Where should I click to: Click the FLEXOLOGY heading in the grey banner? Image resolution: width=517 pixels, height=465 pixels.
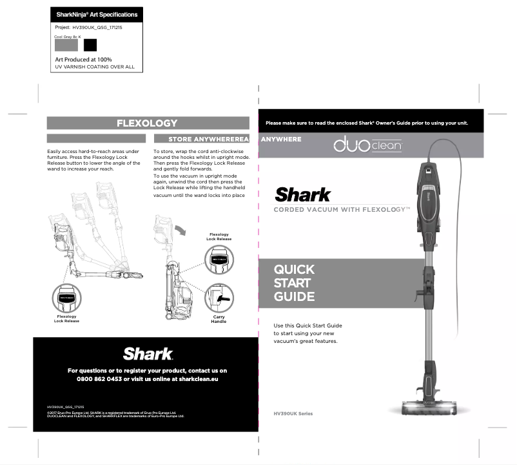click(x=147, y=123)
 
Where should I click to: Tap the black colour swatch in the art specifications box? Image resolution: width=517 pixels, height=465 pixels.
click(x=90, y=45)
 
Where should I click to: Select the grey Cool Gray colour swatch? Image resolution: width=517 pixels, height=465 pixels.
click(x=66, y=45)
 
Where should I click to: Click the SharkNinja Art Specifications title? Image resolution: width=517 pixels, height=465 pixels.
click(x=97, y=14)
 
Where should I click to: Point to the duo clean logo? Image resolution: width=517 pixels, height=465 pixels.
click(x=367, y=147)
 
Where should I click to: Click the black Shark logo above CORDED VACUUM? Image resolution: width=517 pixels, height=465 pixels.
click(x=303, y=194)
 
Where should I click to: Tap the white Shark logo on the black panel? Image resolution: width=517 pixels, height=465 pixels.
click(x=148, y=354)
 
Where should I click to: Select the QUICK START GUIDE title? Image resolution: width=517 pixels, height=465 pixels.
click(x=294, y=283)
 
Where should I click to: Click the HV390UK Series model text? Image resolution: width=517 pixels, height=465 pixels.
click(x=293, y=413)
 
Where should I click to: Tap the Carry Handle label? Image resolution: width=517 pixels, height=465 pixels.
click(x=219, y=319)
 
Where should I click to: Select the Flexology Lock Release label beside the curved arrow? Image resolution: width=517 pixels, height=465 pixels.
click(x=219, y=237)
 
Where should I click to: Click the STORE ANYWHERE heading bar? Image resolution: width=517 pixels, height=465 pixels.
click(x=201, y=139)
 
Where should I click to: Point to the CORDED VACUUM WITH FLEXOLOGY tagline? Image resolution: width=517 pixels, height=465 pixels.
click(x=342, y=210)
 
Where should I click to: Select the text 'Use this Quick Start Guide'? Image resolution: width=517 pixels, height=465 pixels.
click(x=308, y=325)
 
